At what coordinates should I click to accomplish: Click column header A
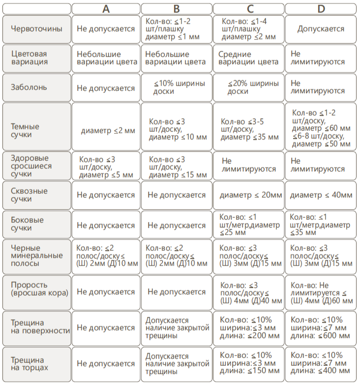coord(106,8)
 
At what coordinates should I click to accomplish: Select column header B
coord(176,8)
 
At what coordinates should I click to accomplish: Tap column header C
coord(248,8)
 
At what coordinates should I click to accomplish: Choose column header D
coord(321,8)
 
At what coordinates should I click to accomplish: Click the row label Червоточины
coord(36,29)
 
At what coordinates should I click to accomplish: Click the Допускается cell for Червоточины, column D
coord(321,29)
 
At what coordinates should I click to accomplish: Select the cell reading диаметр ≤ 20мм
coord(248,195)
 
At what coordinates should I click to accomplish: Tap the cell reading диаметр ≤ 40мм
coord(321,195)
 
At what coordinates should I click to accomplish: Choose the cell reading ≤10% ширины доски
coord(176,88)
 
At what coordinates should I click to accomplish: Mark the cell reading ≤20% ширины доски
coord(248,88)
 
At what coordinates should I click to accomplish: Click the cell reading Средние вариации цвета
coord(248,58)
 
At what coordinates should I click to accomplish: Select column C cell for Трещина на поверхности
coord(248,327)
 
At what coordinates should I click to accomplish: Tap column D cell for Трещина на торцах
coord(321,364)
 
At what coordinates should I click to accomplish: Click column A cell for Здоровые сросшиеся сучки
coord(106,167)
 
